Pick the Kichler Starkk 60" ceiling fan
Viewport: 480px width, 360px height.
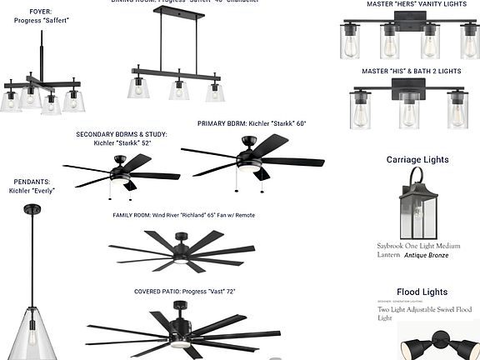251,159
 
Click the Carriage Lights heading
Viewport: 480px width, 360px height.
417,159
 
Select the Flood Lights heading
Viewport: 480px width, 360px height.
422,292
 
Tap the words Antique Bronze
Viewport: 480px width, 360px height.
427,255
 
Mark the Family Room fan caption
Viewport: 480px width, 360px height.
183,215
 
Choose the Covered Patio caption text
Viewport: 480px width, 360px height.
185,292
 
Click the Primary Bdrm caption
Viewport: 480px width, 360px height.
252,123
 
